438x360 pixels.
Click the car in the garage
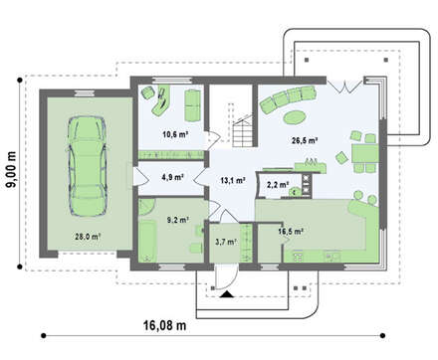tap(88, 166)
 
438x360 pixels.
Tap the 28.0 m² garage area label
tap(88, 237)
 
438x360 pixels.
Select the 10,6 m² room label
tap(175, 134)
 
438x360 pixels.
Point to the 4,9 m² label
tap(173, 177)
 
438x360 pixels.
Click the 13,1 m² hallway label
tap(233, 180)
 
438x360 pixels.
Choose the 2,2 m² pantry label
tap(278, 185)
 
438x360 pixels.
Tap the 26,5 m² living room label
tap(305, 140)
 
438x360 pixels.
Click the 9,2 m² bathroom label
tap(178, 219)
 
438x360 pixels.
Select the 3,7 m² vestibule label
tap(226, 242)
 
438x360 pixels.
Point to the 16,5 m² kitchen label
tap(291, 232)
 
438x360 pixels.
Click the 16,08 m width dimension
tap(165, 325)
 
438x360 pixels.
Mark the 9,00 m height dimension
tap(11, 169)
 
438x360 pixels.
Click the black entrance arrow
tap(227, 294)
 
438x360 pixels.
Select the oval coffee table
tap(294, 116)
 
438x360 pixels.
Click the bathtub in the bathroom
tap(147, 241)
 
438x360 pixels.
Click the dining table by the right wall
tap(365, 153)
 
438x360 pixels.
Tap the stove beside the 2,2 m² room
tap(307, 184)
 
